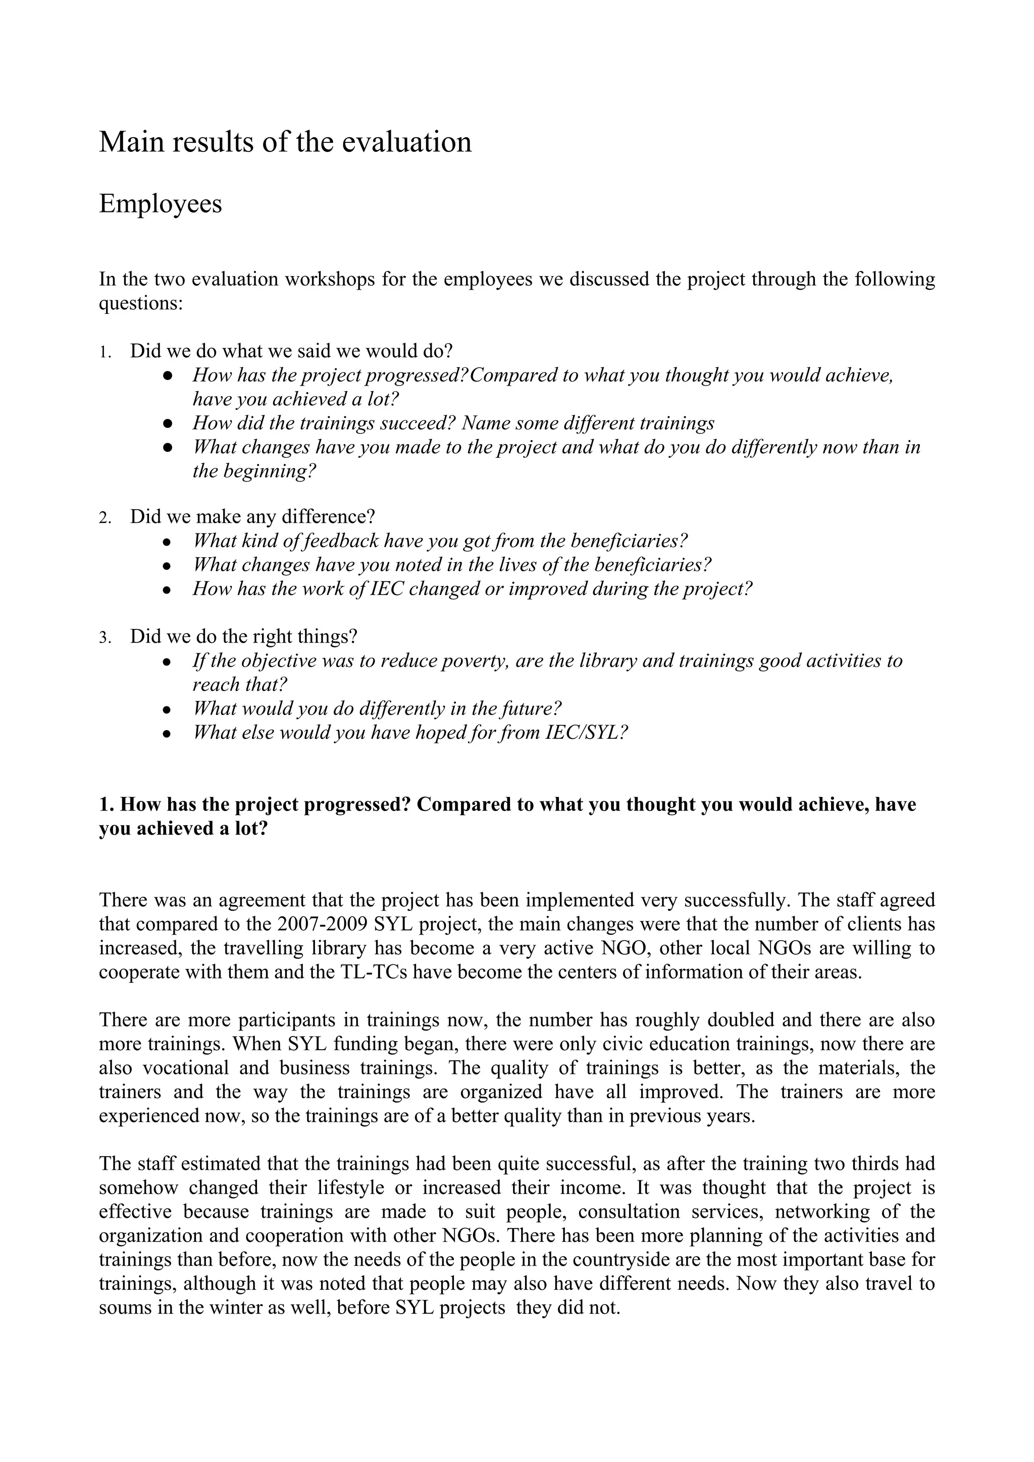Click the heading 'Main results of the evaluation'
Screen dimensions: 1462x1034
(x=285, y=141)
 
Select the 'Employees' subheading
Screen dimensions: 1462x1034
(x=161, y=204)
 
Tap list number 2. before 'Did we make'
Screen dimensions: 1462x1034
(x=105, y=518)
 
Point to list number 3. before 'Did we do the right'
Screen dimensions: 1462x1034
(x=105, y=637)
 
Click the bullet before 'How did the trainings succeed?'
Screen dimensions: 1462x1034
(x=168, y=423)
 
